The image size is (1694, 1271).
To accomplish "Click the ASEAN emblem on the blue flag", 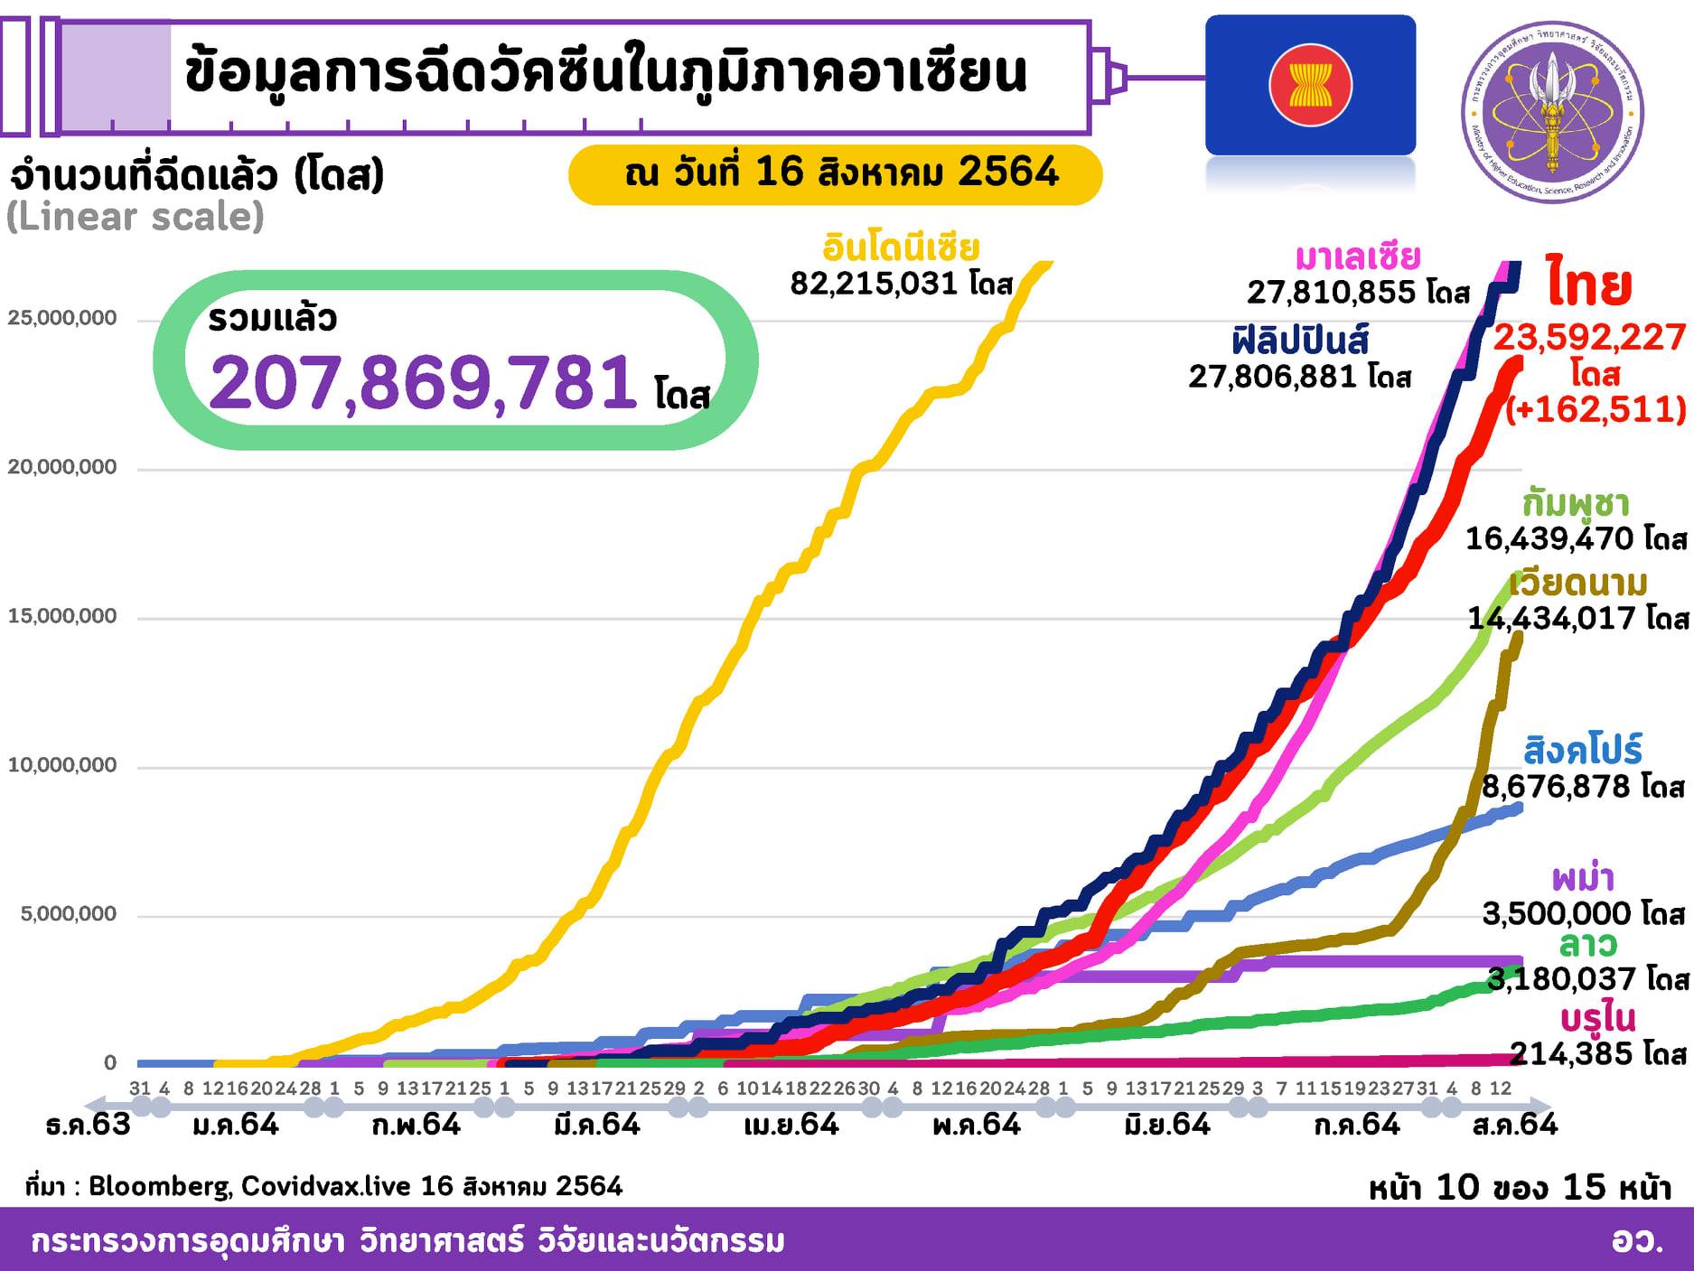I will (1310, 85).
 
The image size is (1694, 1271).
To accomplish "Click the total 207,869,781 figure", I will (423, 382).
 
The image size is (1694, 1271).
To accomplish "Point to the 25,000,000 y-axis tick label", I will (62, 318).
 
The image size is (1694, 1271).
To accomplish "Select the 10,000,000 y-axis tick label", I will (62, 765).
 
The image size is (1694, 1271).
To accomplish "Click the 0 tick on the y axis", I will (110, 1062).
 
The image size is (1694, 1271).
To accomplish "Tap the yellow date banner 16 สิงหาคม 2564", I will (835, 173).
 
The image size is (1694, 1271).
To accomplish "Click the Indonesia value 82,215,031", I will (874, 284).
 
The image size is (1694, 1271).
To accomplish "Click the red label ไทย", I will (1588, 285).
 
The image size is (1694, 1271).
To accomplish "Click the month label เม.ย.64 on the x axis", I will (791, 1126).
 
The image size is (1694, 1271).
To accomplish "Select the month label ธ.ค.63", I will (88, 1126).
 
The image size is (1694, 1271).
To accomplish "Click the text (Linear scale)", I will (136, 217).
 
